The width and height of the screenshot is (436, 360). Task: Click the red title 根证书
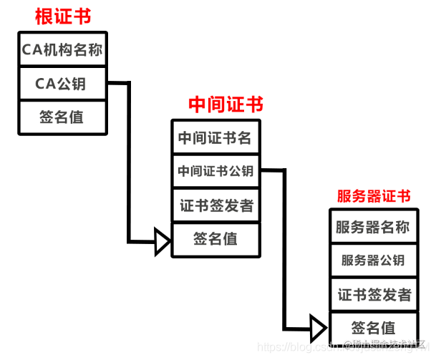(64, 16)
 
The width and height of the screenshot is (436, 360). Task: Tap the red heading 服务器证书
(373, 195)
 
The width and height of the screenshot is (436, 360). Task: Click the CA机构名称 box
(62, 50)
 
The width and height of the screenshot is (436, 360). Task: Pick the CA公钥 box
(62, 84)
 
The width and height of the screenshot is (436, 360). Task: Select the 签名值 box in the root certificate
(62, 117)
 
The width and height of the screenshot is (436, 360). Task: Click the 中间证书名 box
(215, 138)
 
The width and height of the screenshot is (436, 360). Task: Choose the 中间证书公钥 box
(215, 171)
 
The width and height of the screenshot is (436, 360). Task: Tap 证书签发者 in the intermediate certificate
(215, 205)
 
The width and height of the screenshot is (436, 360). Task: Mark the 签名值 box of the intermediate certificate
(215, 239)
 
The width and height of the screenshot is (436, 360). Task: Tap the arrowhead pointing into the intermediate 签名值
(163, 241)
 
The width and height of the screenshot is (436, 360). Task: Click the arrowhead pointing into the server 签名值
(319, 328)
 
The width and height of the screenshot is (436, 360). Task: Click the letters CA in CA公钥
(44, 84)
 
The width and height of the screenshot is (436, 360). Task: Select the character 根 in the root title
(45, 16)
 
